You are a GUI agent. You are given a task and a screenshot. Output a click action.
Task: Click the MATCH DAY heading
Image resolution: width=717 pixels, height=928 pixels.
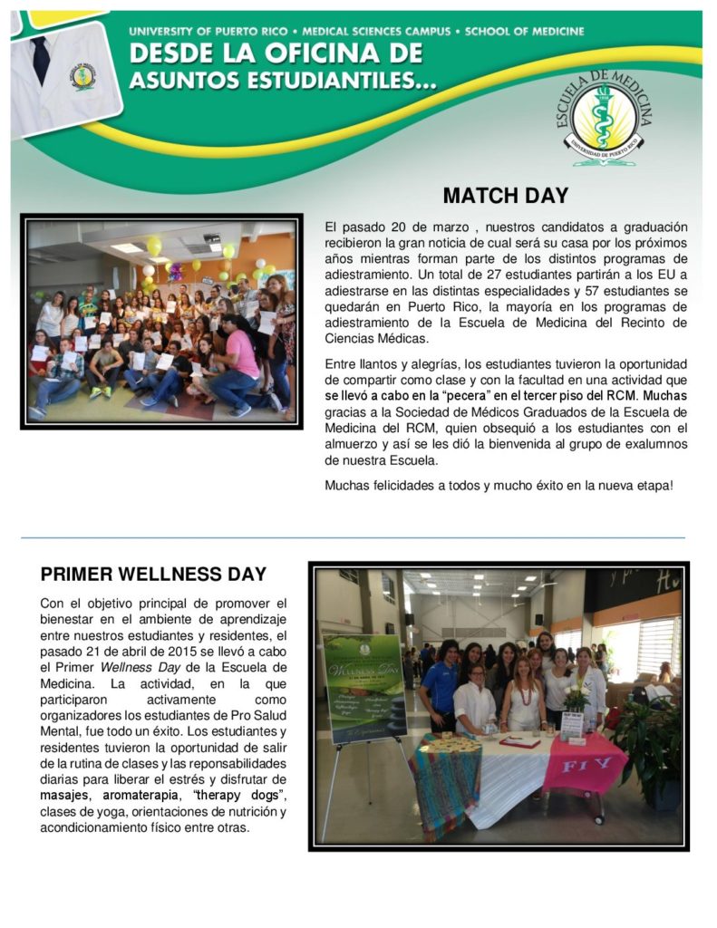pyautogui.click(x=505, y=196)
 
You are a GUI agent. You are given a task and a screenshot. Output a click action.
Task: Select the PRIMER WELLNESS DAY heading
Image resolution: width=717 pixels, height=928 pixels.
pyautogui.click(x=153, y=575)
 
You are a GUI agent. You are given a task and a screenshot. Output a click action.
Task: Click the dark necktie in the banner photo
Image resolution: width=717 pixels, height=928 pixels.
pyautogui.click(x=41, y=58)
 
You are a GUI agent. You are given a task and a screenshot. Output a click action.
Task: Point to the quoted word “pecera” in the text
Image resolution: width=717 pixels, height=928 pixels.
pyautogui.click(x=456, y=395)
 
